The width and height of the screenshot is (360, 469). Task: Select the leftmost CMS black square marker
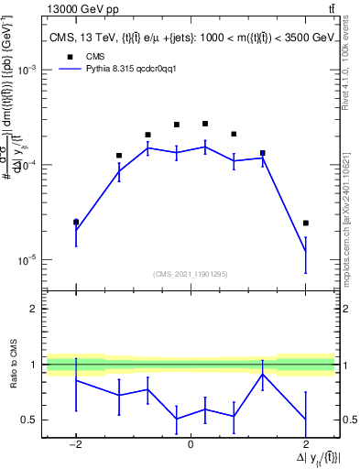[x=76, y=222]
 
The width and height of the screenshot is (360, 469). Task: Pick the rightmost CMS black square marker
[x=306, y=223]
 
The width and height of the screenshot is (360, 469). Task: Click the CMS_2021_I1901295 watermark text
[x=190, y=274]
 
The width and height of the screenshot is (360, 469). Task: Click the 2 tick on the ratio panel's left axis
[x=34, y=310]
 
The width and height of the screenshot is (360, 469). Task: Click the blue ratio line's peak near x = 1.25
[x=263, y=374]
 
